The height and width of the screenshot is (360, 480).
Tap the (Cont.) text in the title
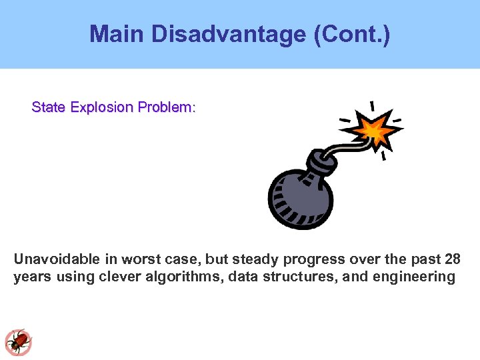pyautogui.click(x=351, y=34)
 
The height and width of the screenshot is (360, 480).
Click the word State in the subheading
pyautogui.click(x=47, y=107)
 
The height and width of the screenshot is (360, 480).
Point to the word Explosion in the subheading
pyautogui.click(x=100, y=107)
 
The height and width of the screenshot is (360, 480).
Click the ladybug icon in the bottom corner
pyautogui.click(x=18, y=342)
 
